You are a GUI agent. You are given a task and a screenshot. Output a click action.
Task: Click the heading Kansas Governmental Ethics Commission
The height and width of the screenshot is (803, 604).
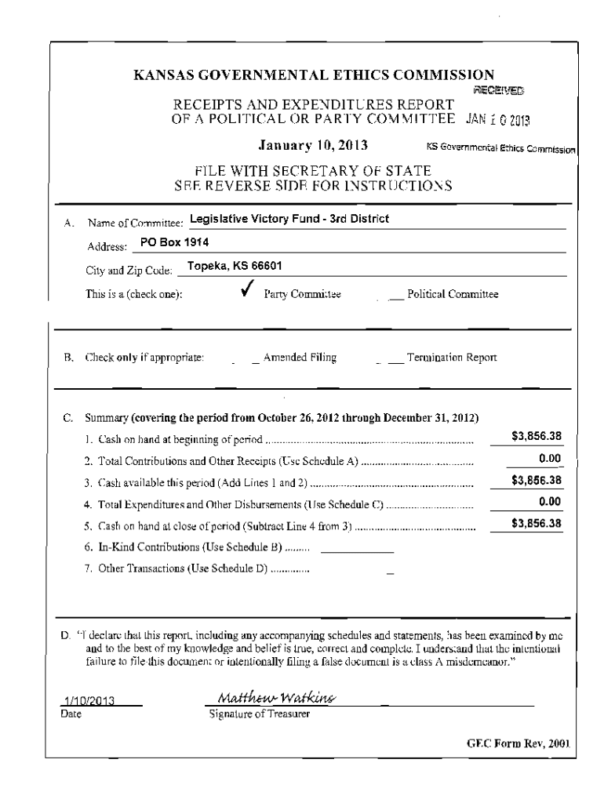[314, 76]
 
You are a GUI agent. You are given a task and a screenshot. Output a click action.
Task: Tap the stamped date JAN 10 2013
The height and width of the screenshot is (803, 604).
[498, 120]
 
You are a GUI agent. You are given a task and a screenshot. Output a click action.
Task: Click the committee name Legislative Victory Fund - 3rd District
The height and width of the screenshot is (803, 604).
[289, 219]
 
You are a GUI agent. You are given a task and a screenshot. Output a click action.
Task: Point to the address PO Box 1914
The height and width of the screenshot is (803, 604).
[174, 242]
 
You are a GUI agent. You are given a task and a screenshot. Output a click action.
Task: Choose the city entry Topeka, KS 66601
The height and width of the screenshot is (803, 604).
[235, 266]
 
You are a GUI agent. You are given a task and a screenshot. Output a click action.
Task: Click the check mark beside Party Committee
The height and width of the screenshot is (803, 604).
[247, 292]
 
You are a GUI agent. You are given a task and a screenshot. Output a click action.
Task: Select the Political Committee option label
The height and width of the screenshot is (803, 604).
[453, 294]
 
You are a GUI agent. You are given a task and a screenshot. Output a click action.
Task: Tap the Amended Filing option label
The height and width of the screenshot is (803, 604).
[300, 358]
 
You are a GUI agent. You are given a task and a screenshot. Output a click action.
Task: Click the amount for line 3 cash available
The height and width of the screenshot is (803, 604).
[537, 481]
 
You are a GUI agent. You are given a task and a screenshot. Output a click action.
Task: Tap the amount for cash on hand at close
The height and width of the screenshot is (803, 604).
[537, 524]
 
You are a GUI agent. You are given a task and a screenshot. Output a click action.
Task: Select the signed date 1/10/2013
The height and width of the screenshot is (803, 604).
[89, 702]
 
